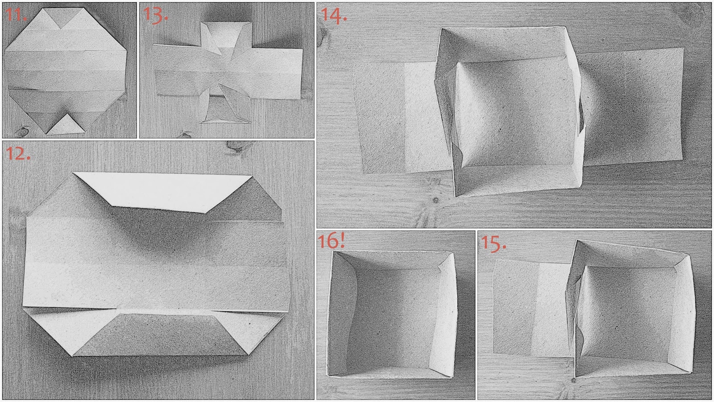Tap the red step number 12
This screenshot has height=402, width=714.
pos(18,154)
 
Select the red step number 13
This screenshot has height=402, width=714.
pos(155,15)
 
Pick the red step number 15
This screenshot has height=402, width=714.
pos(493,243)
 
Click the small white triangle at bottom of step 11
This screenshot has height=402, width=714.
pos(66,125)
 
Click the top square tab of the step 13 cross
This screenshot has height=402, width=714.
pos(226,35)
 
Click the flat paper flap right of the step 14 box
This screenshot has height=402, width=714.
pos(633,107)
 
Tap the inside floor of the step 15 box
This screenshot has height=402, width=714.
pos(627,314)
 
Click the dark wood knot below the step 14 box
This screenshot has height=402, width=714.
pos(436,201)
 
